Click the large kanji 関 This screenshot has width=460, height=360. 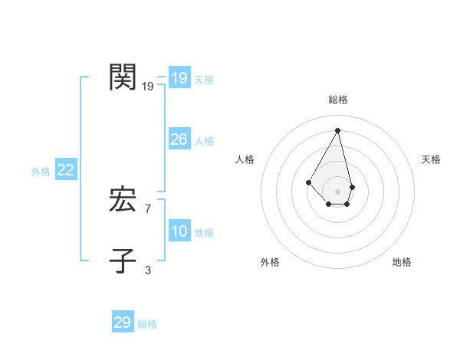pyautogui.click(x=123, y=77)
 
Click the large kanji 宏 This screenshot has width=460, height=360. pyautogui.click(x=123, y=201)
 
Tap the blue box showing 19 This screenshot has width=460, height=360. pyautogui.click(x=179, y=78)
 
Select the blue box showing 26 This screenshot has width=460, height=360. pyautogui.click(x=179, y=139)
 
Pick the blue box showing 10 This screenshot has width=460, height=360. pyautogui.click(x=179, y=231)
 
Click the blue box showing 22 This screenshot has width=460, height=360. pyautogui.click(x=65, y=170)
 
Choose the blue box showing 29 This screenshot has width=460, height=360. pyautogui.click(x=122, y=322)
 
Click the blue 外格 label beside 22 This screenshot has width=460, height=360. pyautogui.click(x=41, y=172)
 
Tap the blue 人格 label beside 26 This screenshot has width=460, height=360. pyautogui.click(x=204, y=141)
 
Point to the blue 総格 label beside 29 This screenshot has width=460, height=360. pyautogui.click(x=147, y=324)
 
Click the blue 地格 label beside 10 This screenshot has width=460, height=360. pyautogui.click(x=204, y=233)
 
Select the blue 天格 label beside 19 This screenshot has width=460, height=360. pyautogui.click(x=204, y=80)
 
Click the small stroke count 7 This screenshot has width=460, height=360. pyautogui.click(x=148, y=209)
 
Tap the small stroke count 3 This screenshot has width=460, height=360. pyautogui.click(x=148, y=270)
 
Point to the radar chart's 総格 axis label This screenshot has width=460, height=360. pyautogui.click(x=338, y=100)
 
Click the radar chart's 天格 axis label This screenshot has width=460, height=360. pyautogui.click(x=431, y=159)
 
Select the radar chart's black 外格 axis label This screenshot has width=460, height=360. pyautogui.click(x=270, y=262)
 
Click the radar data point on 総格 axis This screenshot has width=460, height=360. pyautogui.click(x=338, y=129)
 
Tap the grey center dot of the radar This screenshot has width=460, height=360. pyautogui.click(x=338, y=191)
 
